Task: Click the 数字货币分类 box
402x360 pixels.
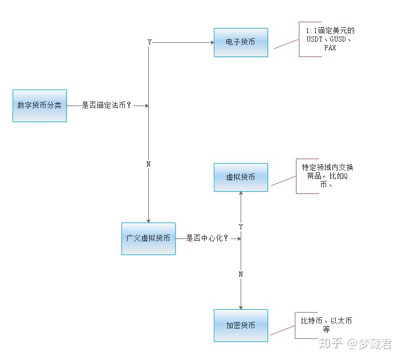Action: (x=39, y=106)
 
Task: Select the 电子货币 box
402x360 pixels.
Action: (x=241, y=42)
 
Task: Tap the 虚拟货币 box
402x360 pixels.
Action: (x=241, y=177)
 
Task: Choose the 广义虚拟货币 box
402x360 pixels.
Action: (x=148, y=238)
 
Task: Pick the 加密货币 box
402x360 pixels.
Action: (x=241, y=325)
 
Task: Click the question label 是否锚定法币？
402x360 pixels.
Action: (x=107, y=106)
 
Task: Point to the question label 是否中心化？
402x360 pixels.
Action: (x=207, y=238)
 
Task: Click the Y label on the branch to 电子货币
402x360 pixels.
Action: (x=149, y=42)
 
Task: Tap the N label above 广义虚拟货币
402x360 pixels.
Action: (x=149, y=164)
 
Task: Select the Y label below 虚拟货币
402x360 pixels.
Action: (x=241, y=226)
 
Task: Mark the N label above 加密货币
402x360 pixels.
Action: (x=241, y=274)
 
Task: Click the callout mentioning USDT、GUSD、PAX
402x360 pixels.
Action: (x=330, y=39)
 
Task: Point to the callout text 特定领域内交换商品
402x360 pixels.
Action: (x=327, y=176)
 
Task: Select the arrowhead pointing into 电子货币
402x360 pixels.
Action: (x=211, y=42)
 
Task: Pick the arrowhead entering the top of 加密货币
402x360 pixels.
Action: (x=241, y=306)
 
